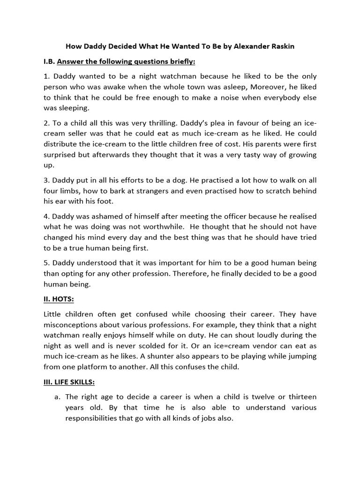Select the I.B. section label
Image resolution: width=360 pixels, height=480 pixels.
[50, 61]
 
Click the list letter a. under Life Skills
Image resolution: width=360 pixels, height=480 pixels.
[57, 397]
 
